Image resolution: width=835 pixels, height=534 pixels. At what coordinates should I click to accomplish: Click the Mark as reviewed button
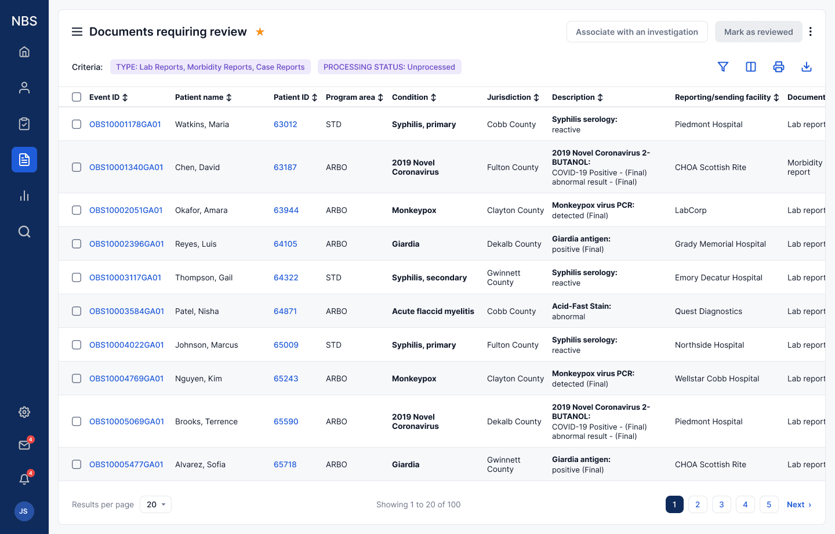pyautogui.click(x=758, y=32)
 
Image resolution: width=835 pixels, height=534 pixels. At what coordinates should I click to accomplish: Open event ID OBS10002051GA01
pyautogui.click(x=126, y=210)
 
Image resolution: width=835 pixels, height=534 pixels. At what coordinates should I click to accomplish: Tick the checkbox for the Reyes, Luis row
pyautogui.click(x=77, y=244)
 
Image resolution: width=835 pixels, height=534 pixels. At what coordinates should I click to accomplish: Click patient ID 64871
pyautogui.click(x=285, y=311)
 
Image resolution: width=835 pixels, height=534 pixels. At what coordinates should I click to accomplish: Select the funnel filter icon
pyautogui.click(x=723, y=67)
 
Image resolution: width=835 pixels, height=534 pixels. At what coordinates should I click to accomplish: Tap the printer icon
pyautogui.click(x=778, y=67)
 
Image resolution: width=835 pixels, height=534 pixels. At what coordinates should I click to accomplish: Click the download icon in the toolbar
pyautogui.click(x=806, y=67)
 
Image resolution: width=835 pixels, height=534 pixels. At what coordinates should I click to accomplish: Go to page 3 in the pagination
pyautogui.click(x=721, y=504)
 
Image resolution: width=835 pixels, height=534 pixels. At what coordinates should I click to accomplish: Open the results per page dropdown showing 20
pyautogui.click(x=155, y=504)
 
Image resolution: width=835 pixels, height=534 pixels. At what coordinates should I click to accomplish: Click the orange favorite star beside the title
pyautogui.click(x=260, y=32)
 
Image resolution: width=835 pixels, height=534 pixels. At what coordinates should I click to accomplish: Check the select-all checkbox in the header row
pyautogui.click(x=77, y=97)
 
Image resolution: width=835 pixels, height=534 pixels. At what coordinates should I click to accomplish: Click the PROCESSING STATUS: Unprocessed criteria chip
pyautogui.click(x=389, y=67)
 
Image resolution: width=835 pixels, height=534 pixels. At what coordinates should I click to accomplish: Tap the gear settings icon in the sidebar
pyautogui.click(x=24, y=412)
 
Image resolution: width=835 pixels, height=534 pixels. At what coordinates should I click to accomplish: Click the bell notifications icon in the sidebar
pyautogui.click(x=24, y=478)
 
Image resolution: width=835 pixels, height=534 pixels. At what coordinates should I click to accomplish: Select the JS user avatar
pyautogui.click(x=24, y=511)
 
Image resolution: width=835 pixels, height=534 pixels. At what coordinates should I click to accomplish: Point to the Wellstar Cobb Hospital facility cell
pyautogui.click(x=717, y=378)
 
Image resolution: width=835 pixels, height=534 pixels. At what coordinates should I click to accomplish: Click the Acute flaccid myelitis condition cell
pyautogui.click(x=433, y=311)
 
